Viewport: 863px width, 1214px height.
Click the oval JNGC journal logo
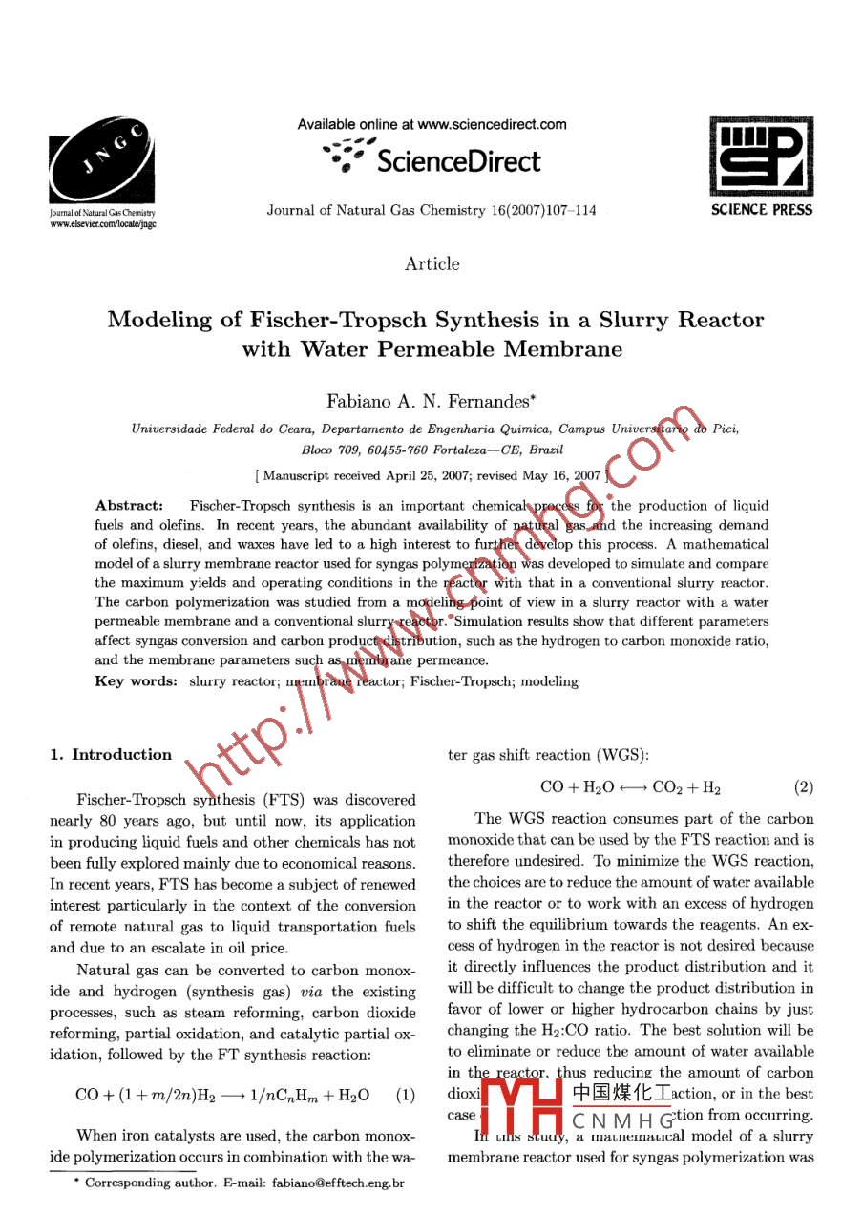point(102,162)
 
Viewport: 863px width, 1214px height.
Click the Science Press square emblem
point(760,157)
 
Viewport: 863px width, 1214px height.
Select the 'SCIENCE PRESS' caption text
point(761,210)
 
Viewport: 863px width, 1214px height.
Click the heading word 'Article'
point(431,263)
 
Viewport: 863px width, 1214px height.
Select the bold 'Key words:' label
point(136,680)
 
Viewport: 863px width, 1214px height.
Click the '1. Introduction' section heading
point(111,755)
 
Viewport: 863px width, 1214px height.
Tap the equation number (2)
point(803,788)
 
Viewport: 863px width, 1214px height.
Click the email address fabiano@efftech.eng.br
point(339,1183)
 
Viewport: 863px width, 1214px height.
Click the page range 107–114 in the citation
point(569,210)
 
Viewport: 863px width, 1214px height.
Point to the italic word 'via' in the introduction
point(313,992)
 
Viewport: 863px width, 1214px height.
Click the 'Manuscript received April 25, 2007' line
point(431,474)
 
